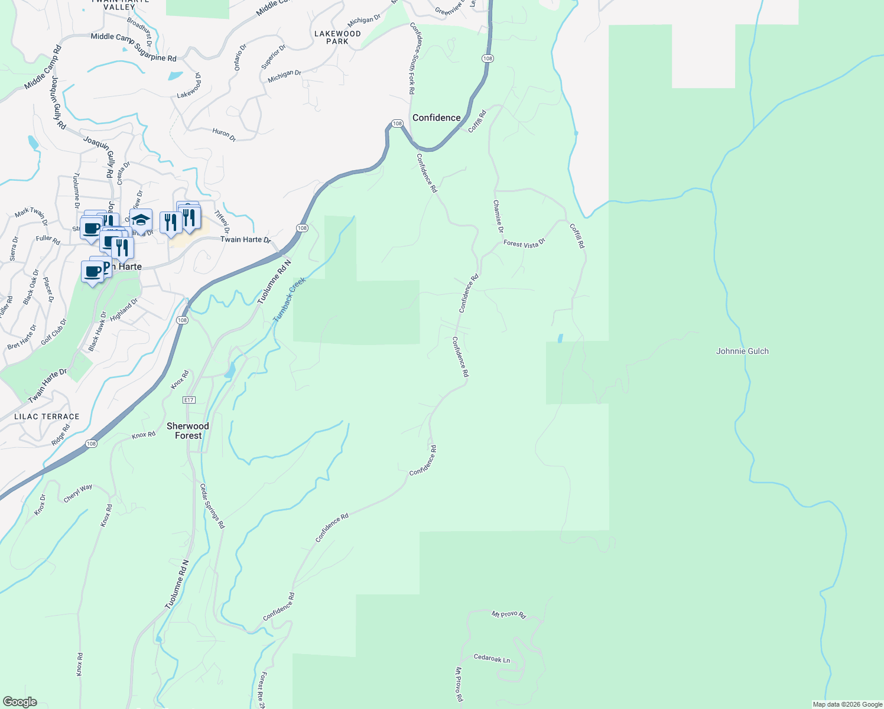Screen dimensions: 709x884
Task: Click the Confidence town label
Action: [436, 118]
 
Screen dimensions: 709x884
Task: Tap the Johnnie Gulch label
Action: [742, 351]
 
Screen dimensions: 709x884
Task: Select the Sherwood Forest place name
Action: [188, 431]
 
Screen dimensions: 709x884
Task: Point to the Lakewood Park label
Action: [337, 37]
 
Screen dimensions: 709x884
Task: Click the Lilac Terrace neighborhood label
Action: [47, 417]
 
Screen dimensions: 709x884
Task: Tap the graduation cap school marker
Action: [141, 220]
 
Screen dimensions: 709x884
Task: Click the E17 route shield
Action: [188, 400]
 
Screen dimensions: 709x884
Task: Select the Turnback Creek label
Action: [289, 300]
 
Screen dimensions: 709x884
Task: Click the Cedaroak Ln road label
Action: [492, 658]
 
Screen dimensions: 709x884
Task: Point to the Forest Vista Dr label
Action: [524, 243]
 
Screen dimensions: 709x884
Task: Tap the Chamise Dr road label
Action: [498, 216]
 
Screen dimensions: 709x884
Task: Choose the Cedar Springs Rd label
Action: [212, 506]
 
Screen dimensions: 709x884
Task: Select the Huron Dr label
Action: [224, 135]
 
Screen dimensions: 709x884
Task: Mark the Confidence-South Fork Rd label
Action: [412, 58]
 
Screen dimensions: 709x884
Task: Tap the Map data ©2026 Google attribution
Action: [847, 704]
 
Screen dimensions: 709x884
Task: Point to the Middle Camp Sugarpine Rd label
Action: [134, 47]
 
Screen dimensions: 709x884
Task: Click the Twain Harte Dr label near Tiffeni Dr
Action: [245, 239]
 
